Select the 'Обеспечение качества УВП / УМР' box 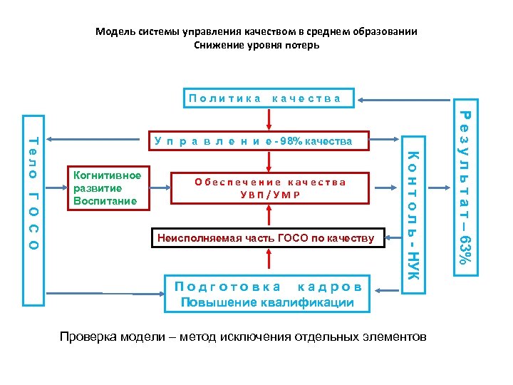click(270, 189)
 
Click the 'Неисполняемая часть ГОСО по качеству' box click(266, 237)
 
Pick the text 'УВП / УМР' click(270, 195)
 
